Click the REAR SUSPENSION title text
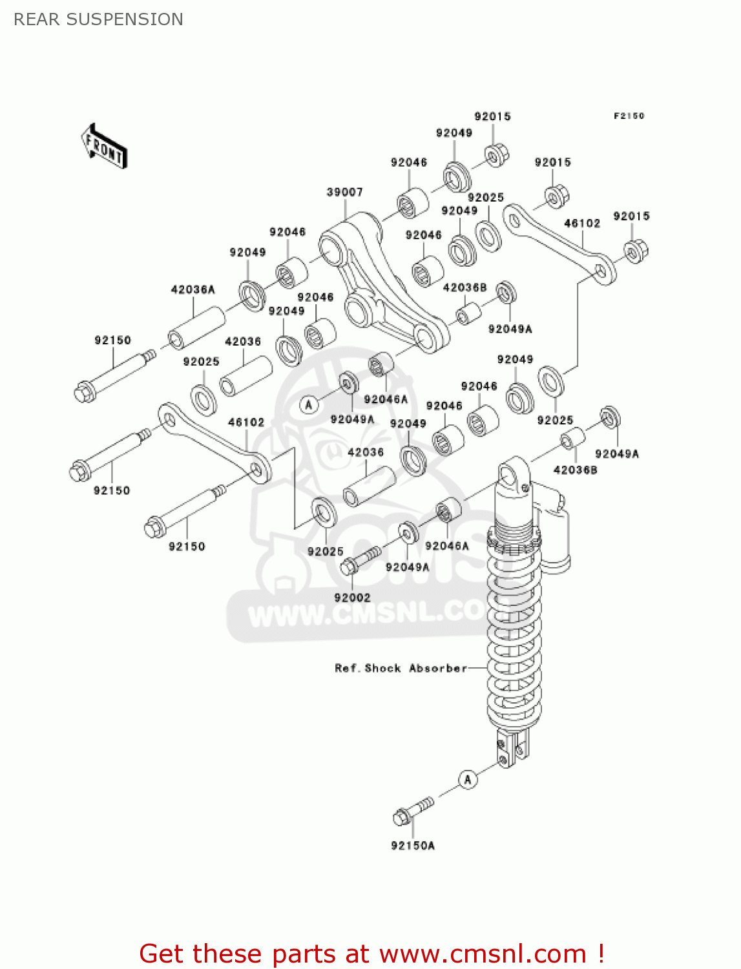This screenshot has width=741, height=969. click(98, 19)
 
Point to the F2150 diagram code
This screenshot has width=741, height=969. click(628, 116)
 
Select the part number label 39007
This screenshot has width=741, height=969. click(344, 192)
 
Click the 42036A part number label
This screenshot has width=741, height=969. click(193, 289)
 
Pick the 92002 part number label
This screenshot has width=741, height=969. click(352, 598)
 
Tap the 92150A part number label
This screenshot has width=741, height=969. click(412, 845)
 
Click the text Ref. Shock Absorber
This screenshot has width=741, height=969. click(401, 668)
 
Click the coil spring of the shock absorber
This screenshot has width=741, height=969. click(514, 640)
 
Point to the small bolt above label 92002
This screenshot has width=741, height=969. click(359, 560)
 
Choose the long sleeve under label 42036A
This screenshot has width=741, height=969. click(196, 328)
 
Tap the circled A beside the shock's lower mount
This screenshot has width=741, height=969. click(468, 779)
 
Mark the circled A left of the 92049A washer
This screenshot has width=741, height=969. click(309, 405)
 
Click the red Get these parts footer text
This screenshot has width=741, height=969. click(371, 953)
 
